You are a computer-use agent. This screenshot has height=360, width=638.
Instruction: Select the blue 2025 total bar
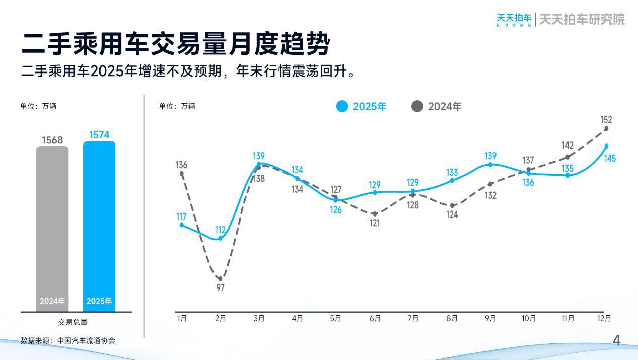[x=99, y=227]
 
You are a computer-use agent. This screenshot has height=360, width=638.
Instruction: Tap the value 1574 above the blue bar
[x=99, y=135]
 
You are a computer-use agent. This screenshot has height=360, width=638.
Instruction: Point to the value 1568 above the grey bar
[x=52, y=140]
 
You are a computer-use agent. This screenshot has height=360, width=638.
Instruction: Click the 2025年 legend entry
[x=362, y=106]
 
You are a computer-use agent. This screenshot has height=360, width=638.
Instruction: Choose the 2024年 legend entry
[x=437, y=106]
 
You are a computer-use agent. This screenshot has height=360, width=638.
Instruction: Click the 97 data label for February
[x=220, y=288]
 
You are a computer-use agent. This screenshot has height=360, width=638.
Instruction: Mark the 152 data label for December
[x=606, y=120]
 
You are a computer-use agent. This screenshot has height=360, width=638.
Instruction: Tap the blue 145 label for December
[x=610, y=159]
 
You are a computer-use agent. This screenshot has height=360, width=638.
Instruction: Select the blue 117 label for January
[x=181, y=217]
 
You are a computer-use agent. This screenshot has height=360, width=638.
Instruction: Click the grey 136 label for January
[x=181, y=165]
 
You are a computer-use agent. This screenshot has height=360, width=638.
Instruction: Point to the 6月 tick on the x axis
[x=375, y=319]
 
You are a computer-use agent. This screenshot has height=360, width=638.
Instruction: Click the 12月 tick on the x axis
[x=604, y=319]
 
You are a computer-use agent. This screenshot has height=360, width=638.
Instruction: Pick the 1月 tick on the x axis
[x=182, y=319]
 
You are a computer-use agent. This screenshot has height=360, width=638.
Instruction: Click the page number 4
[x=616, y=341]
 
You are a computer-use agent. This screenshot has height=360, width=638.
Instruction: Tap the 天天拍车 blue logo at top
[x=514, y=19]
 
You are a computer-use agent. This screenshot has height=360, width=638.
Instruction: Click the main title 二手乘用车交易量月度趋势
[x=176, y=44]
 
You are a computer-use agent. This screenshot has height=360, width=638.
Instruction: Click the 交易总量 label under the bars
[x=73, y=322]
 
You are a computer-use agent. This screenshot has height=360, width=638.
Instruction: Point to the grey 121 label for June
[x=375, y=223]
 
